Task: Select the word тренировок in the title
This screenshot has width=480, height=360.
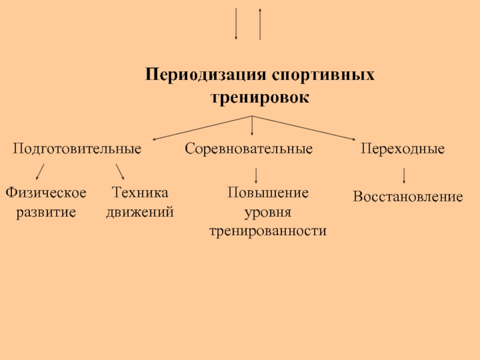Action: coord(260,96)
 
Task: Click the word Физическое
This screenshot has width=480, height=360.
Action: coord(46,193)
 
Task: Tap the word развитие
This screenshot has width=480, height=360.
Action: coord(46,212)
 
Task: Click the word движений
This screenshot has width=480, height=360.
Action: coord(140,212)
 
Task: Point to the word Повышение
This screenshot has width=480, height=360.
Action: coord(268,193)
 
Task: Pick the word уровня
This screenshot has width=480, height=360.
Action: coord(268,212)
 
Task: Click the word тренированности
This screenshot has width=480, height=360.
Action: coord(268,231)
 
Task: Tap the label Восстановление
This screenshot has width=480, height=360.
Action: coord(408,196)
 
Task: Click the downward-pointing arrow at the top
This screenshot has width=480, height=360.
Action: coord(236,24)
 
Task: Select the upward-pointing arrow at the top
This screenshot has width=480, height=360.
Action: coord(260,24)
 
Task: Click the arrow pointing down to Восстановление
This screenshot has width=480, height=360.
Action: coord(404,175)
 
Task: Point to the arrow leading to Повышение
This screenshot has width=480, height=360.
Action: coord(257,175)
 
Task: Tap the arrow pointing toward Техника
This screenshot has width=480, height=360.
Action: coord(120,171)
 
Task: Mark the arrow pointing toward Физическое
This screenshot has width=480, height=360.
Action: coord(40,172)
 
